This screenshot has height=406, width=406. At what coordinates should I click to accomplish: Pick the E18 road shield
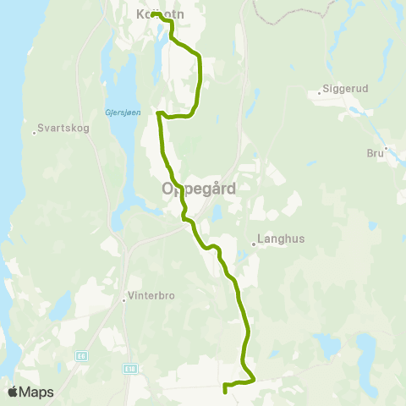click(x=129, y=368)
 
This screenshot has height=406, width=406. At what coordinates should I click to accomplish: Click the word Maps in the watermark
click(x=37, y=392)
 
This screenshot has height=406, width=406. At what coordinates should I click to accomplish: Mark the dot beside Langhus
click(x=254, y=244)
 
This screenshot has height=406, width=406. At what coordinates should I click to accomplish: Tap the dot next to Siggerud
click(x=320, y=92)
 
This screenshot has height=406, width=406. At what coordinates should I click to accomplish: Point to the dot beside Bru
click(x=386, y=150)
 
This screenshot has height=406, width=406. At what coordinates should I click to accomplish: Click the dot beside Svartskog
click(x=35, y=131)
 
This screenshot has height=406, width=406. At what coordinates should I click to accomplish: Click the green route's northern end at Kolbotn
click(x=154, y=14)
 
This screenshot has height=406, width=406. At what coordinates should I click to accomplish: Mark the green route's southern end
click(x=224, y=391)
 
